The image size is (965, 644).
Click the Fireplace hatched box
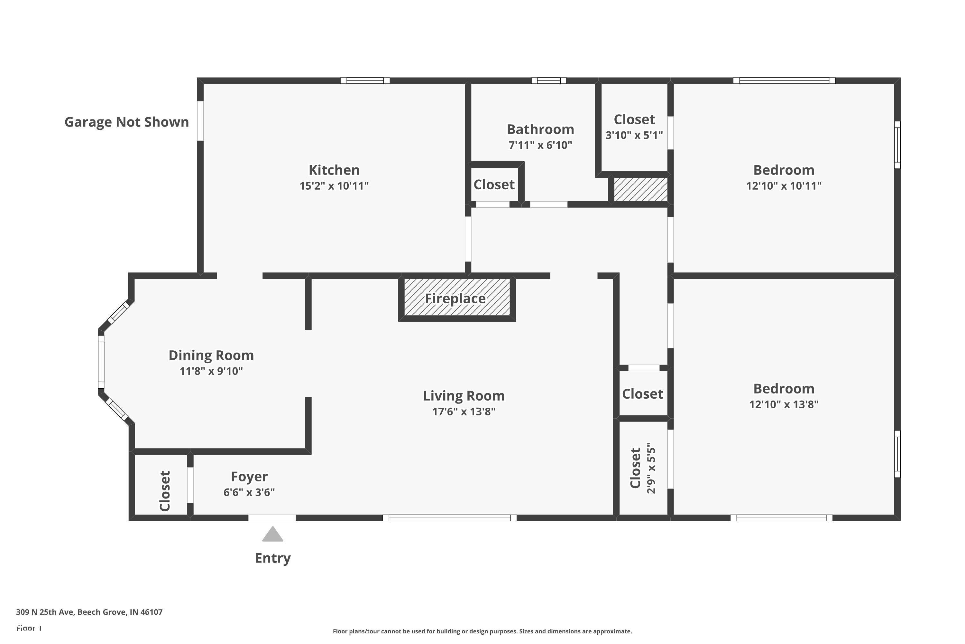(x=457, y=298)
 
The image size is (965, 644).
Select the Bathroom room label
(x=540, y=129)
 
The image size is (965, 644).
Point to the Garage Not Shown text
(x=126, y=122)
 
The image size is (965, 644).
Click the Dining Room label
(x=211, y=355)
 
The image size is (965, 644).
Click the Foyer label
(x=249, y=477)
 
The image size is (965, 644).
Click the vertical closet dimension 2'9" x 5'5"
(x=651, y=468)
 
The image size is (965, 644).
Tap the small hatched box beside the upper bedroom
(x=640, y=189)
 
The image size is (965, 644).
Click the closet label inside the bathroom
(x=494, y=185)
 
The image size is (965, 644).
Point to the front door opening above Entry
(x=272, y=518)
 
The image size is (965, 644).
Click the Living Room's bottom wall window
(x=449, y=518)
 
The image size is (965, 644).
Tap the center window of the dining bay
(x=101, y=362)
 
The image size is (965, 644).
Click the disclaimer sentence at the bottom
(x=482, y=631)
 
